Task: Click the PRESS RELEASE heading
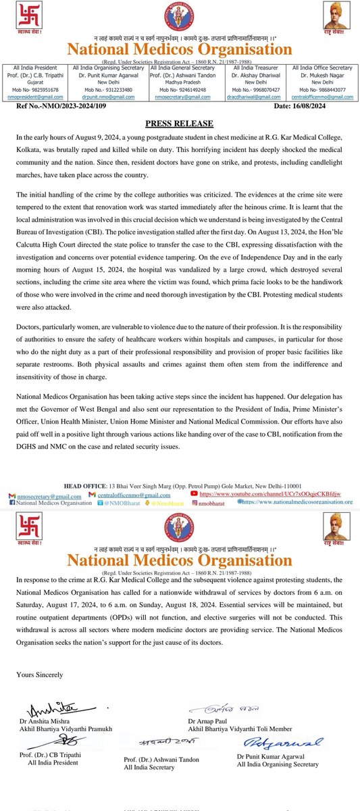(x=180, y=124)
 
